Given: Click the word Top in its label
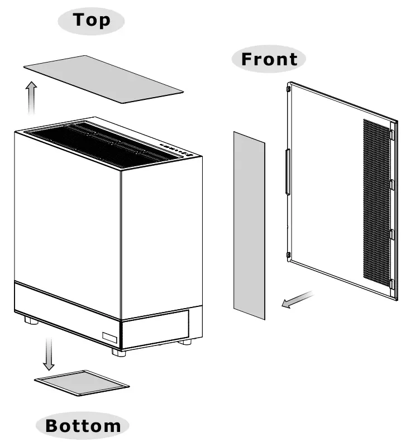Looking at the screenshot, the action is click(92, 20).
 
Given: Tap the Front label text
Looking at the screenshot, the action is click(269, 59).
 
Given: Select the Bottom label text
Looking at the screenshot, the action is click(83, 426).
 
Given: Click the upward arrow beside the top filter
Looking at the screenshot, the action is click(31, 98).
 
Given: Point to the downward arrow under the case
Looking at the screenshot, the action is click(49, 353).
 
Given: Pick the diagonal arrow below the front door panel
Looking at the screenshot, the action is click(298, 300).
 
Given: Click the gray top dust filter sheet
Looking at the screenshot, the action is click(103, 79).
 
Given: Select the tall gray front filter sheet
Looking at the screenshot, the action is click(249, 225).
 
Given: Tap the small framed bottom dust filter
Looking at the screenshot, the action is click(82, 383).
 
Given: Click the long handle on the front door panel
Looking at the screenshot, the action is click(288, 172).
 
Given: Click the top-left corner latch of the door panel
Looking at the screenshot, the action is click(288, 89).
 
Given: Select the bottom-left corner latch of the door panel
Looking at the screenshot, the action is click(288, 256).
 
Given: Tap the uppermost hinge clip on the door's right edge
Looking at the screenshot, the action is click(392, 134).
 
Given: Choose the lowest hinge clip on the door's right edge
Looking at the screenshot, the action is click(392, 284).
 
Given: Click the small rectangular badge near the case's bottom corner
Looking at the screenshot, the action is click(109, 338).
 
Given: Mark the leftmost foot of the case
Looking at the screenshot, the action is click(31, 320).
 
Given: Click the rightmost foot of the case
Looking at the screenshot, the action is click(185, 342).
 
